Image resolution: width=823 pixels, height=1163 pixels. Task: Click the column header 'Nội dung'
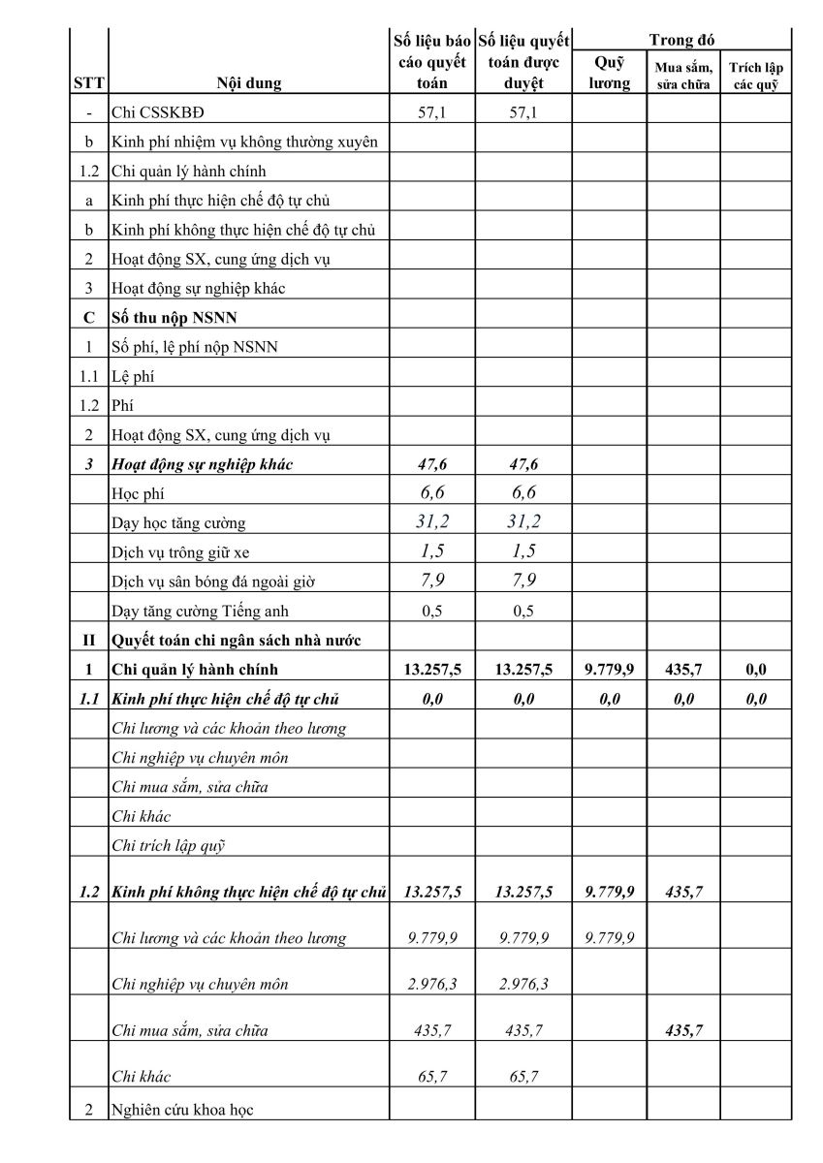pos(249,83)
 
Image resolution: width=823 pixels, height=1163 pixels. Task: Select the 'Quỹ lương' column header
pos(610,74)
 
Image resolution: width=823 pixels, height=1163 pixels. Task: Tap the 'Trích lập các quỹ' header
pos(756,76)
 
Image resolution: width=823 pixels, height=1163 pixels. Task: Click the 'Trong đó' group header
pos(682,41)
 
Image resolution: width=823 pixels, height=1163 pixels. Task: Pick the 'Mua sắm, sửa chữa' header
pos(683,76)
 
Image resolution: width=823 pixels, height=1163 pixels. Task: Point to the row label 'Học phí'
pos(139,494)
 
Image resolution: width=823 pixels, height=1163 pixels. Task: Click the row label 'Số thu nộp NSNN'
pos(174,318)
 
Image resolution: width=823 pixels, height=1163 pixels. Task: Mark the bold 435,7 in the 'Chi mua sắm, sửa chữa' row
pos(683,1030)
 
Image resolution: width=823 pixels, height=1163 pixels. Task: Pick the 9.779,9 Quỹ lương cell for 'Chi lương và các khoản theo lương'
pos(610,938)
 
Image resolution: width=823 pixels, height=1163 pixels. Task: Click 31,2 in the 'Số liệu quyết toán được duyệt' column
pos(523,522)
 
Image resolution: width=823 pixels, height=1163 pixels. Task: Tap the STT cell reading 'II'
pos(88,640)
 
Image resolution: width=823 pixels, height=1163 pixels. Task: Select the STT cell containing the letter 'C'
pos(88,318)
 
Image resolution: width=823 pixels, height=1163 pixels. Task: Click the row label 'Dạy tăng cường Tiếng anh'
pos(200,611)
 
